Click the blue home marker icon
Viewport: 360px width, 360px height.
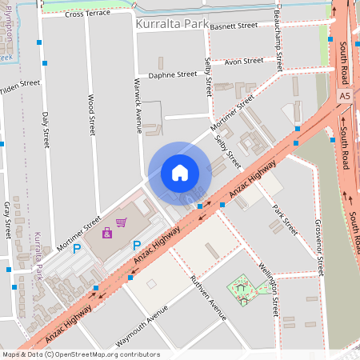tap(179, 173)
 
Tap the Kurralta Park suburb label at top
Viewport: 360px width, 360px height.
tap(172, 25)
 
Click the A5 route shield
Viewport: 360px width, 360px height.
tap(344, 95)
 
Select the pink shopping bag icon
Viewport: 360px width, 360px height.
tap(107, 233)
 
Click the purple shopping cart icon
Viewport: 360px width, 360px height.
tap(122, 222)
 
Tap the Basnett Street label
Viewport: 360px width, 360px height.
tap(235, 26)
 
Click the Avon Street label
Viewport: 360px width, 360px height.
tap(244, 61)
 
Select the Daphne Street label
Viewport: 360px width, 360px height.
tap(172, 74)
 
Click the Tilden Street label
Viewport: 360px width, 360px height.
tap(19, 87)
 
